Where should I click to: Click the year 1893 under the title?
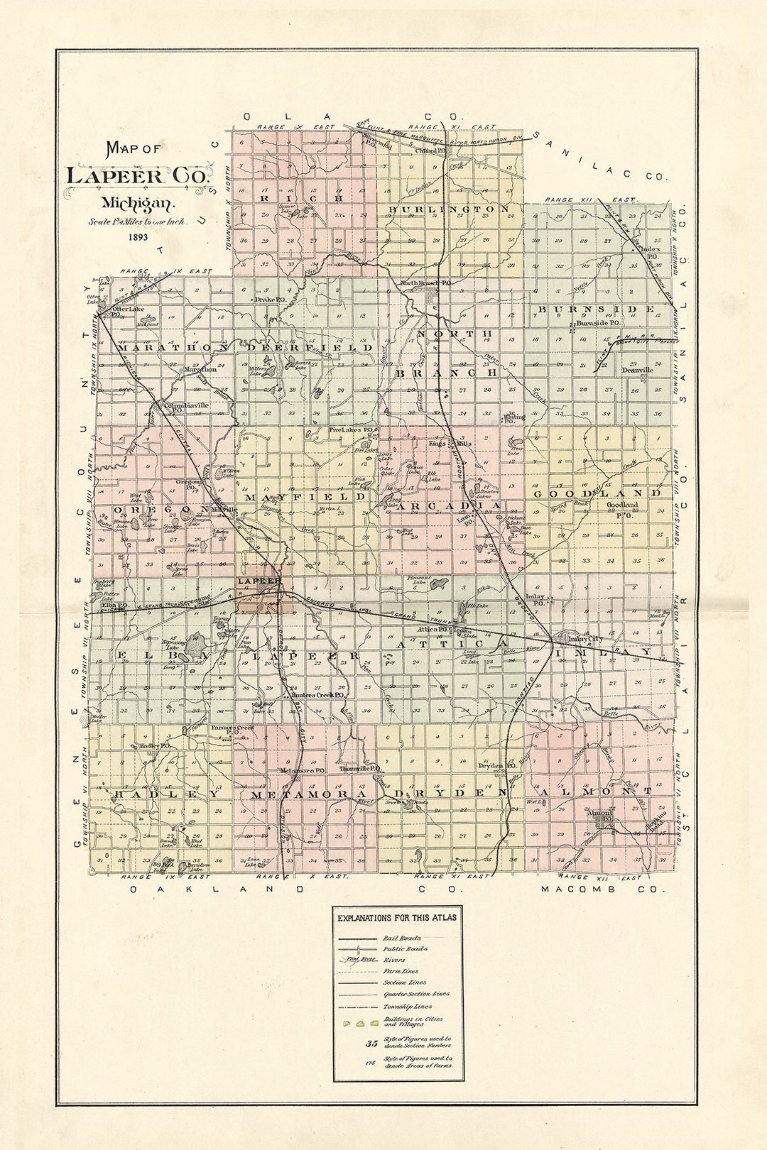[138, 237]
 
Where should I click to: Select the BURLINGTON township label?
[448, 209]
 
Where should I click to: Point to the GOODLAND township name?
[597, 493]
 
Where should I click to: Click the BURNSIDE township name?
[597, 310]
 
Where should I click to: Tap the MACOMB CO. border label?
[604, 889]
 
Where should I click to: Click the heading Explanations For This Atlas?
[397, 918]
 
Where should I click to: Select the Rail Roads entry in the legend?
[401, 938]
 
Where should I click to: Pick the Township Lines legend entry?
[407, 1007]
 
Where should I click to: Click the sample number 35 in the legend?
[371, 1044]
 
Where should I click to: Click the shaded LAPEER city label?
[260, 582]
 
